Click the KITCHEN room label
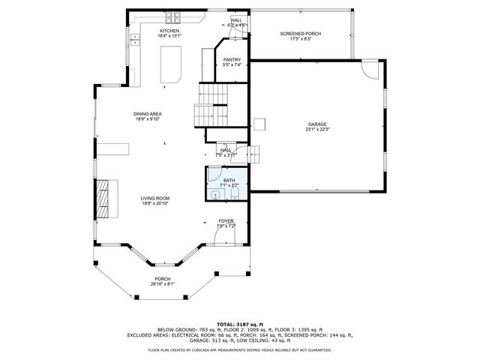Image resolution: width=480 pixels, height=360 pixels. (x=168, y=31)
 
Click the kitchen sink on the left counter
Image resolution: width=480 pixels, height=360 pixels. (x=136, y=42)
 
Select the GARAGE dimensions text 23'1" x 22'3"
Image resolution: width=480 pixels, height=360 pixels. (x=318, y=130)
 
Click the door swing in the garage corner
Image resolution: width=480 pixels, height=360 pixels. (x=370, y=70)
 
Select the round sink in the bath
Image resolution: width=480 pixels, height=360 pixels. (x=216, y=195)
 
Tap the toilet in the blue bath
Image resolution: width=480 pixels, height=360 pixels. (x=234, y=195)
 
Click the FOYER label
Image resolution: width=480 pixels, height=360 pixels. (x=226, y=221)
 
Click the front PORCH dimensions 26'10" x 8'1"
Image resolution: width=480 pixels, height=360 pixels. (x=162, y=284)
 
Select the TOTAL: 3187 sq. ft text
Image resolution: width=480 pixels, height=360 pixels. (x=239, y=323)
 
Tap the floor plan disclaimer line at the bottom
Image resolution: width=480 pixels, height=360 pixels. (x=239, y=349)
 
